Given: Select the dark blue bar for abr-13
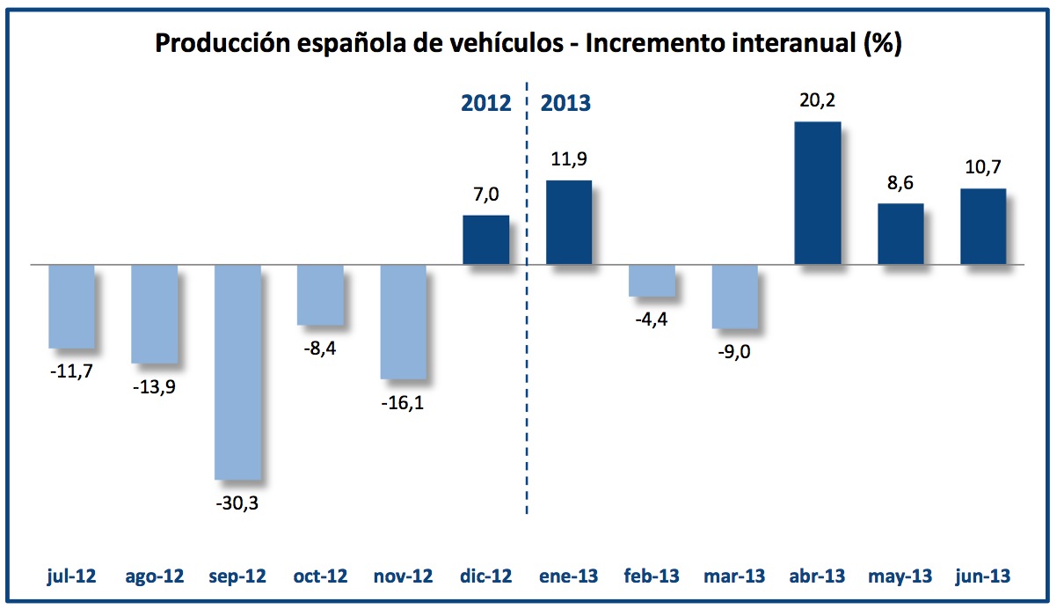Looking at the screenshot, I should tap(817, 193).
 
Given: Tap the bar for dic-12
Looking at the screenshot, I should tap(485, 239).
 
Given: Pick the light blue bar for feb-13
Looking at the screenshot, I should tap(652, 280).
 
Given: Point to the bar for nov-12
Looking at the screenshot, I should tap(403, 321).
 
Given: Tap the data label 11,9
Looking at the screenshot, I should tap(569, 160).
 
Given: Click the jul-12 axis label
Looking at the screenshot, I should tap(72, 576).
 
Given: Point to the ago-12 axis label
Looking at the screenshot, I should tap(155, 576).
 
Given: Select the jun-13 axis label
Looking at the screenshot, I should tap(983, 576).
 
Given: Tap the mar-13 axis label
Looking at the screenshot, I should tap(734, 576).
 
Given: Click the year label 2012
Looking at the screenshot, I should tap(486, 103).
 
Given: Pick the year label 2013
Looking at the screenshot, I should tap(565, 103).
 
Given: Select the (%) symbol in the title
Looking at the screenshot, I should tap(881, 44).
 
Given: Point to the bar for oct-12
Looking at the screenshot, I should tap(320, 294).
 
